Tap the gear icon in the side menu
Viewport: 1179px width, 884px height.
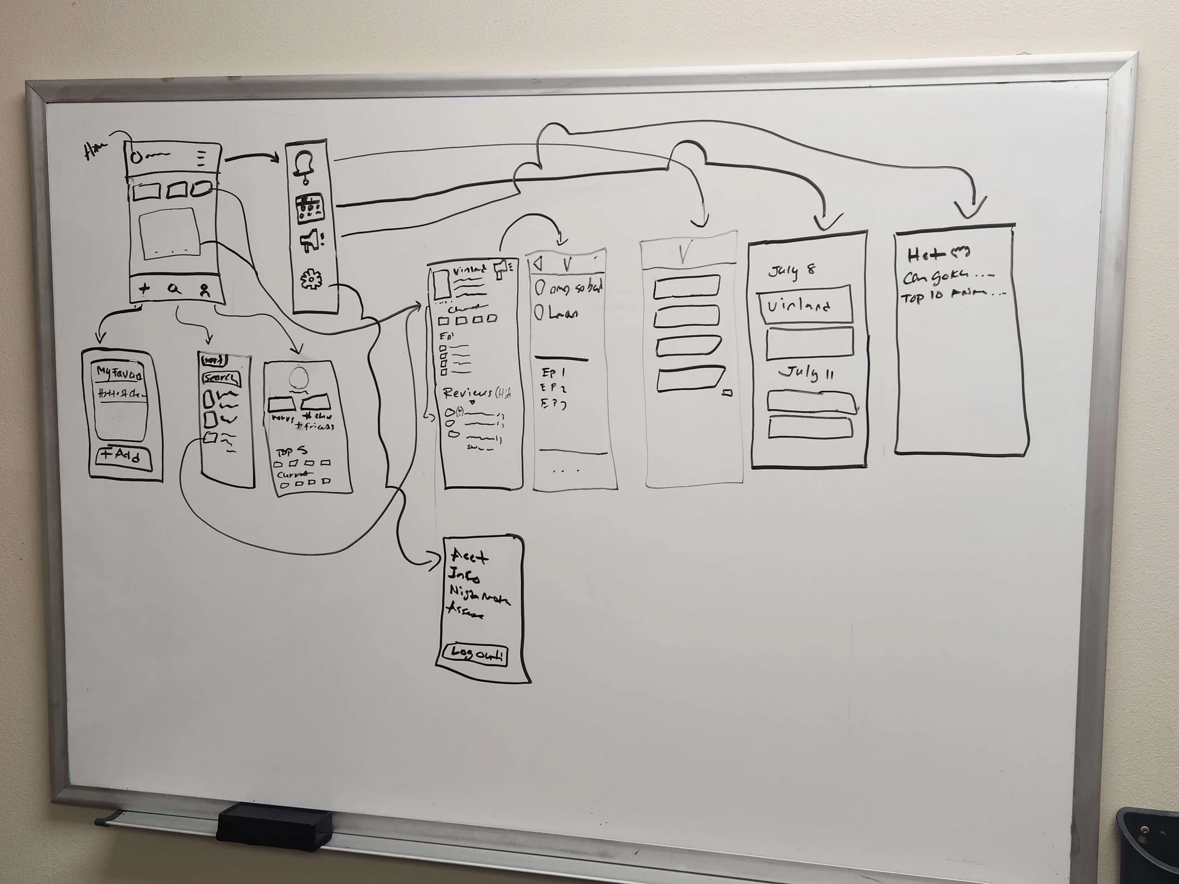(311, 280)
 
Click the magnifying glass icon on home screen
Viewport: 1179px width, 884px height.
(174, 289)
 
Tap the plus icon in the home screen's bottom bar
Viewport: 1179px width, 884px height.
(144, 289)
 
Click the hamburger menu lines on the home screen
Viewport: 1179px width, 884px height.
(201, 158)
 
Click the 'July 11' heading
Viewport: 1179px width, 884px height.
(806, 373)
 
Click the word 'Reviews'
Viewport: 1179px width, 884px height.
(467, 393)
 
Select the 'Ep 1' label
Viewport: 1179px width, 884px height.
(553, 372)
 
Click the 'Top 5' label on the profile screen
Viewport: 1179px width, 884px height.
(291, 452)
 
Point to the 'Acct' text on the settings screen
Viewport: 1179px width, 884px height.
(469, 557)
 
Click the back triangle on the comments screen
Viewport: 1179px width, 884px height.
(537, 263)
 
